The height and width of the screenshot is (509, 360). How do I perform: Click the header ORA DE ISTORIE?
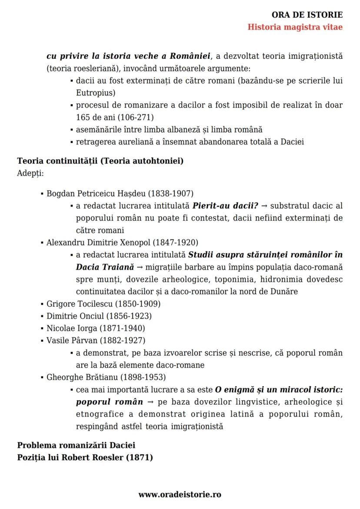pyautogui.click(x=307, y=15)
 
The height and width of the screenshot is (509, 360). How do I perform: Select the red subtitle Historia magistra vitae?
pyautogui.click(x=295, y=27)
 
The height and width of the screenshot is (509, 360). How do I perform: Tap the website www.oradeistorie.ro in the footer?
pyautogui.click(x=180, y=494)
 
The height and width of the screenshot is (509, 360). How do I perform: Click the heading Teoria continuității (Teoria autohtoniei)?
pyautogui.click(x=100, y=161)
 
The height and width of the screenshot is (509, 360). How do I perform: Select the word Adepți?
pyautogui.click(x=30, y=173)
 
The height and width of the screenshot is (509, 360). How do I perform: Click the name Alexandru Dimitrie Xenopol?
pyautogui.click(x=92, y=243)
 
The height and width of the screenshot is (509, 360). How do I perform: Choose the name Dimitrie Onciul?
pyautogui.click(x=71, y=316)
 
